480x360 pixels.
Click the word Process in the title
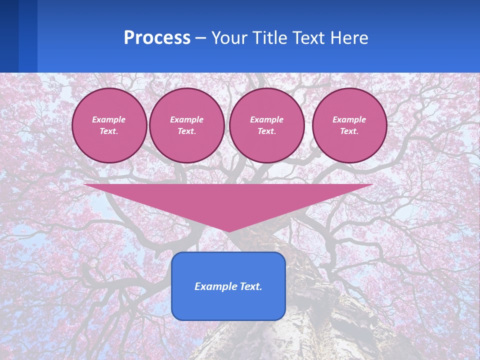pyautogui.click(x=157, y=38)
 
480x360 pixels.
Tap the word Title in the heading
pyautogui.click(x=271, y=38)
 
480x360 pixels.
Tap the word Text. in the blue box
pyautogui.click(x=249, y=286)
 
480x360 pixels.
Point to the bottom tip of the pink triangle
pyautogui.click(x=228, y=230)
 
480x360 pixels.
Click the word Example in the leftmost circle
pyautogui.click(x=109, y=119)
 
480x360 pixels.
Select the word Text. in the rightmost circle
pyautogui.click(x=349, y=131)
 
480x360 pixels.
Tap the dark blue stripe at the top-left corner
pyautogui.click(x=9, y=35)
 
